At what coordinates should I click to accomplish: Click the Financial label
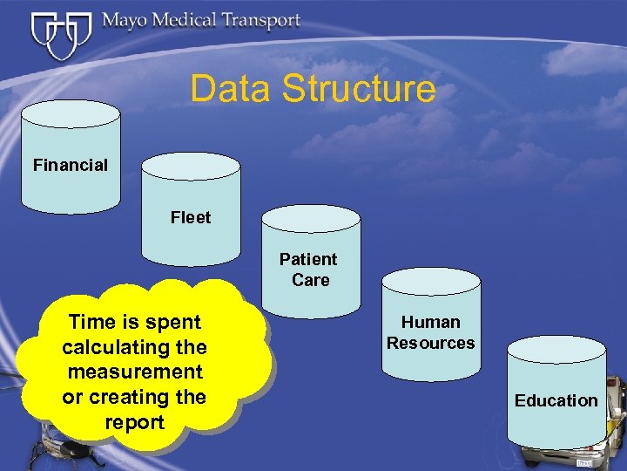[x=71, y=165]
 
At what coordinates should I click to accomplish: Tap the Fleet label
[x=191, y=217]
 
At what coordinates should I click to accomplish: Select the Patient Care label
[x=309, y=270]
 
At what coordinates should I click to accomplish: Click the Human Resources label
[x=431, y=332]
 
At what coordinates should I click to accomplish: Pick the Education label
[x=556, y=400]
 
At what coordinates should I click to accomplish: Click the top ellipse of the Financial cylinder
[x=71, y=113]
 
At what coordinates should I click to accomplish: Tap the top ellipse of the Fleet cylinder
[x=191, y=167]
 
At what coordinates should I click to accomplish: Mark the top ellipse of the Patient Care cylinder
[x=311, y=219]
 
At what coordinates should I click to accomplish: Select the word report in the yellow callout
[x=134, y=422]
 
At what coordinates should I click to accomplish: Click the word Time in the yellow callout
[x=88, y=322]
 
